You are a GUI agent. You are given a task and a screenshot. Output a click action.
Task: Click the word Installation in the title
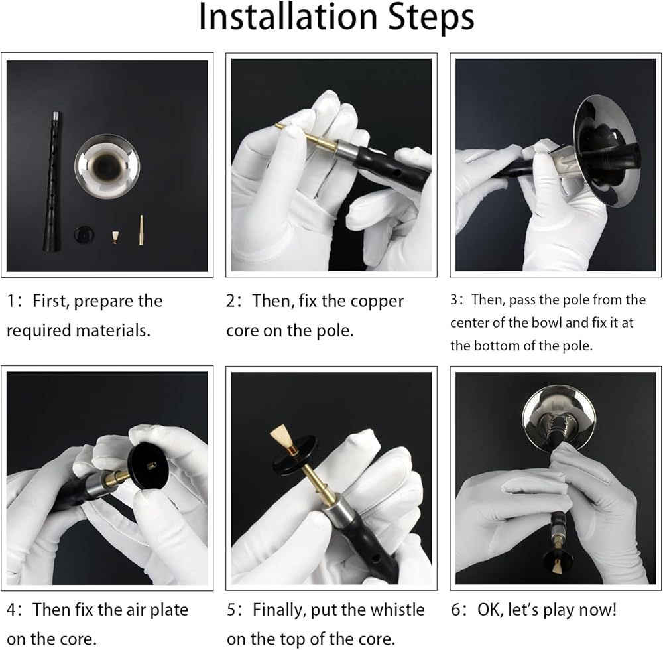[288, 17]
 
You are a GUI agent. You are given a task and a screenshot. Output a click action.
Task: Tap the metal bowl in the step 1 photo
[107, 166]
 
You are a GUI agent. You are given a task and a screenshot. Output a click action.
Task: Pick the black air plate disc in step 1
[84, 234]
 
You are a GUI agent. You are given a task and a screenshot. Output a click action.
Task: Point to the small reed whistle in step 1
[115, 237]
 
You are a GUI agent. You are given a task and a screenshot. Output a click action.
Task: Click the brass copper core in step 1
[141, 230]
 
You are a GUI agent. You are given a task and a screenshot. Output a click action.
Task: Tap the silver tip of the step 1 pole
[56, 117]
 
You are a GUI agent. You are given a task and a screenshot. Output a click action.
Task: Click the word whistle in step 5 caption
[398, 610]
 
